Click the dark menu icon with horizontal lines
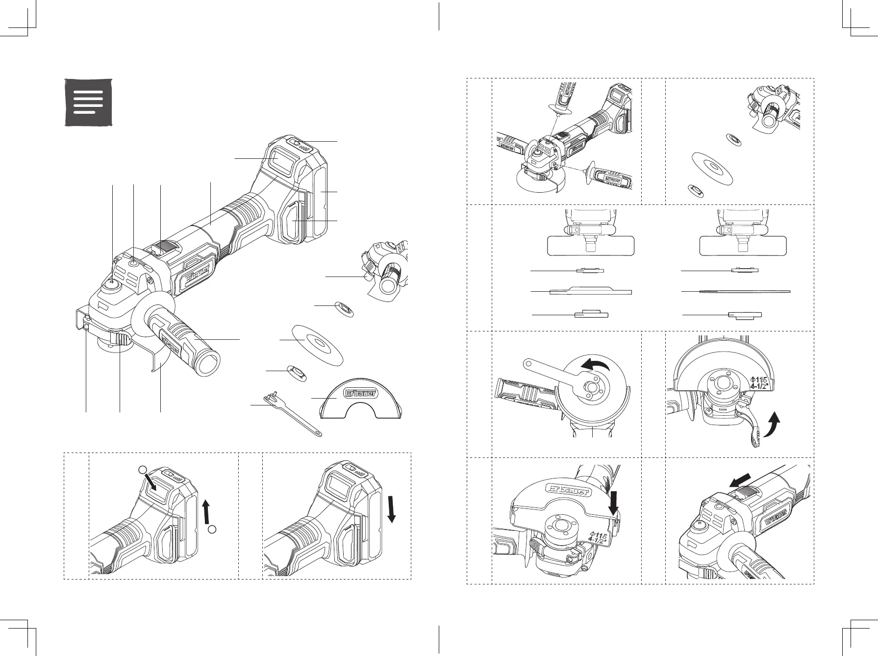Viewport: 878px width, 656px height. tap(89, 102)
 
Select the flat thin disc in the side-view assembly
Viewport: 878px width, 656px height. tap(745, 292)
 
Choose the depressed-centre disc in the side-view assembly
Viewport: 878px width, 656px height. tap(591, 291)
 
